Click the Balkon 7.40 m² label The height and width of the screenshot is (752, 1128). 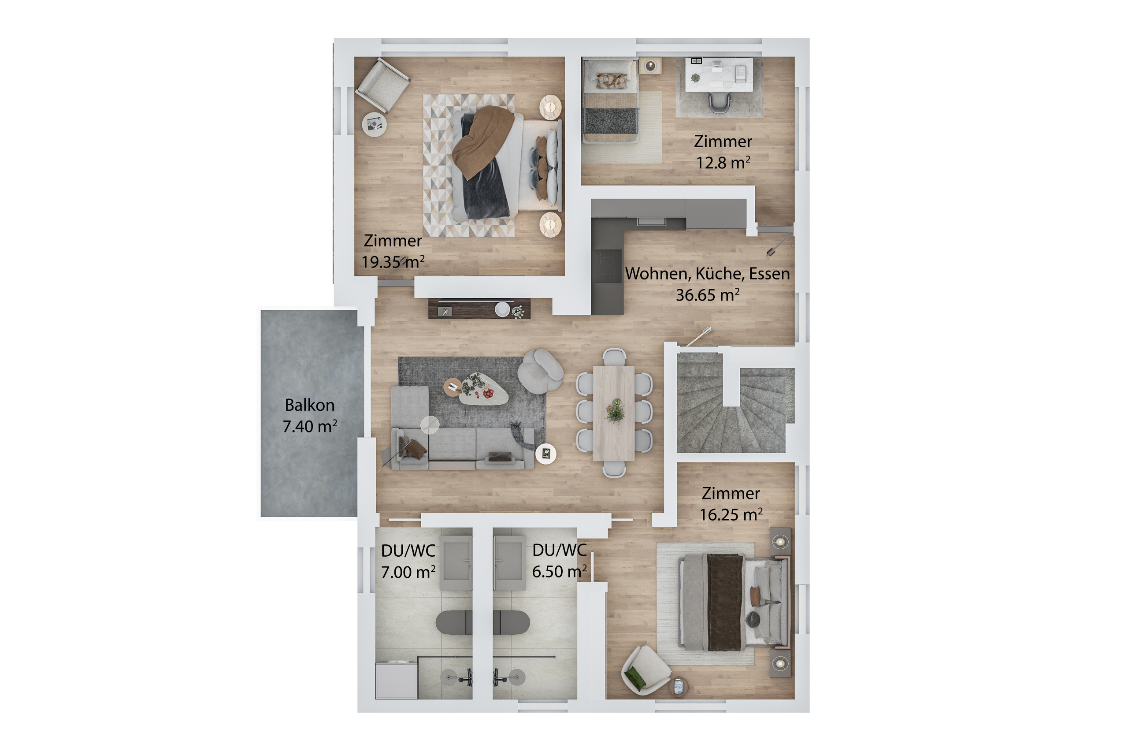309,415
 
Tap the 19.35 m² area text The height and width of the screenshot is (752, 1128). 393,262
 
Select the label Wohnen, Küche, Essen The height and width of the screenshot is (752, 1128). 707,273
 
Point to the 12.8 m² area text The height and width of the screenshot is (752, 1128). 723,163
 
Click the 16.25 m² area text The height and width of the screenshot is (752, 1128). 731,514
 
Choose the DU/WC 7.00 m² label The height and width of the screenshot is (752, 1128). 408,561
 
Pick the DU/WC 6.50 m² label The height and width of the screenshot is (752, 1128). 559,561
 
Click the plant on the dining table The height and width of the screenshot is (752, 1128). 615,411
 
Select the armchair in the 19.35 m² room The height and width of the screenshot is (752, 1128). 382,86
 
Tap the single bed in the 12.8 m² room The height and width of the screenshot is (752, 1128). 610,100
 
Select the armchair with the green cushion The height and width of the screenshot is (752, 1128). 645,670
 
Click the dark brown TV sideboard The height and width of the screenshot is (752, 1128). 479,309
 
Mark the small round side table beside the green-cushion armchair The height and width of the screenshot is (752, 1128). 678,686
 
